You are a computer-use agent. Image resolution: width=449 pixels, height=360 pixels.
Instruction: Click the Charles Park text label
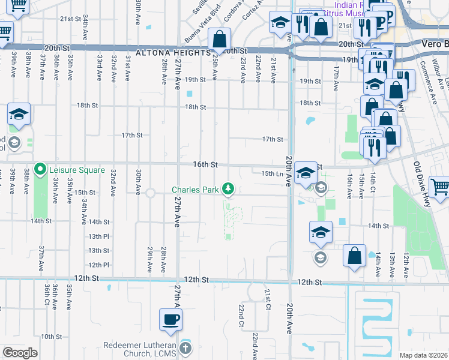click(x=196, y=190)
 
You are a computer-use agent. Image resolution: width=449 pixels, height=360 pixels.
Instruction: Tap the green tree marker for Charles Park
click(x=228, y=189)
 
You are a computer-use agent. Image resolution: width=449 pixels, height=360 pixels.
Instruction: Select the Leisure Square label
click(x=77, y=170)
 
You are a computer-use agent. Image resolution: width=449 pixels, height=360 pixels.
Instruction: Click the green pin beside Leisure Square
click(x=40, y=170)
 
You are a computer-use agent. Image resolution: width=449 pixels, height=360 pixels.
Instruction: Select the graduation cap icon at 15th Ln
click(x=306, y=172)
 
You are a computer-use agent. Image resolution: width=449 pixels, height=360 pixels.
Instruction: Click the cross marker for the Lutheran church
click(x=186, y=347)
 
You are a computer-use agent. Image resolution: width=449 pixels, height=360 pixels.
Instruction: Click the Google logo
click(x=20, y=353)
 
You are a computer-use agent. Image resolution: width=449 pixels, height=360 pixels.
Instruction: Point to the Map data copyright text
click(x=423, y=355)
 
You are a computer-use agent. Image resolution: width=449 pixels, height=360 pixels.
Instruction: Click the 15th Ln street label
click(x=271, y=173)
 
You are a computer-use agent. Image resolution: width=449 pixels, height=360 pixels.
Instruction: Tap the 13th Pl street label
click(x=98, y=236)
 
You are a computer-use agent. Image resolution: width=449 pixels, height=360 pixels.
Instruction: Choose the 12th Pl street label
click(x=98, y=265)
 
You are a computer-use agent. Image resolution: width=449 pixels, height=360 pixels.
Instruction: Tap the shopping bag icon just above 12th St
click(x=355, y=255)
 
